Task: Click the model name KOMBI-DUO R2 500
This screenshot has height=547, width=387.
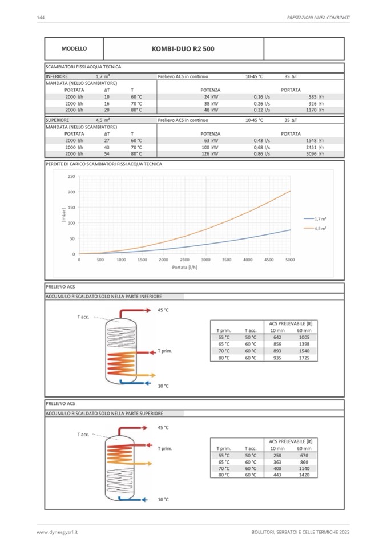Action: click(183, 49)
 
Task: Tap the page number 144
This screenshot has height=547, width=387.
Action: click(41, 18)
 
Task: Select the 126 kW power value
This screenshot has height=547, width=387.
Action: click(211, 153)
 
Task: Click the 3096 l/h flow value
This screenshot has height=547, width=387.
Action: click(315, 153)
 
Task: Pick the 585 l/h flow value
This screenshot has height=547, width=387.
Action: click(316, 97)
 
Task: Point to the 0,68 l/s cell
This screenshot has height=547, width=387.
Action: click(261, 147)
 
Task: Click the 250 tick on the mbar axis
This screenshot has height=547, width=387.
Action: click(71, 176)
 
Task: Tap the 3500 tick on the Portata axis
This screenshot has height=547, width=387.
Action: click(227, 260)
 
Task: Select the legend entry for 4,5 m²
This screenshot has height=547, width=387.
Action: click(320, 228)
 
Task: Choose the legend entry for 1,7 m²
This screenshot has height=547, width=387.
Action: click(320, 218)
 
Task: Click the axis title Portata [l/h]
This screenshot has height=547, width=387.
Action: click(184, 267)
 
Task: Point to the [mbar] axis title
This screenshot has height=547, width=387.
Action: click(64, 215)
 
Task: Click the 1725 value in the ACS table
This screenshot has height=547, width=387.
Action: click(304, 358)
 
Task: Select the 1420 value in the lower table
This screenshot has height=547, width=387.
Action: click(304, 474)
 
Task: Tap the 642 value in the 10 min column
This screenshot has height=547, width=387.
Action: click(277, 337)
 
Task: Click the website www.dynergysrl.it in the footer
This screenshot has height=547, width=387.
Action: click(57, 532)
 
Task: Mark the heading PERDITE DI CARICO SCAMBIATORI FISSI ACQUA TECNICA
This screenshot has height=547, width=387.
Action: click(103, 164)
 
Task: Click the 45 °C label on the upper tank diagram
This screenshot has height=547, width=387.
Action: click(163, 310)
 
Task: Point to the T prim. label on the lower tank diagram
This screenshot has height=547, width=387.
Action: click(164, 448)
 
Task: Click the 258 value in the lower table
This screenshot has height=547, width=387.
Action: click(277, 455)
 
